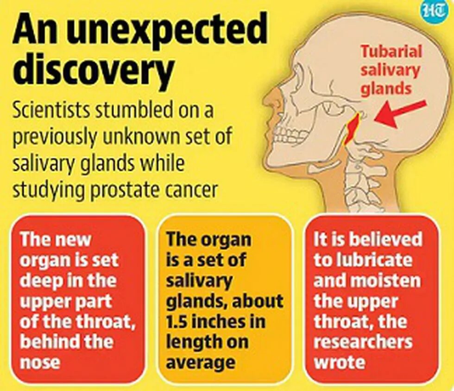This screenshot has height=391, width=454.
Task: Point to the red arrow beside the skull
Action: point(399,113)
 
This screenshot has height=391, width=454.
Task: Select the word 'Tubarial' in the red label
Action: point(391,51)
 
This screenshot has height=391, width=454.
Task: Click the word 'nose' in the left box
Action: point(40,362)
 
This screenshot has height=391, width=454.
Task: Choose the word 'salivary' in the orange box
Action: point(200,280)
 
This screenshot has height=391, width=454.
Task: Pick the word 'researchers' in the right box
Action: point(363,341)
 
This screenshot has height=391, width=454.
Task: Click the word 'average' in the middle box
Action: point(201,362)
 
